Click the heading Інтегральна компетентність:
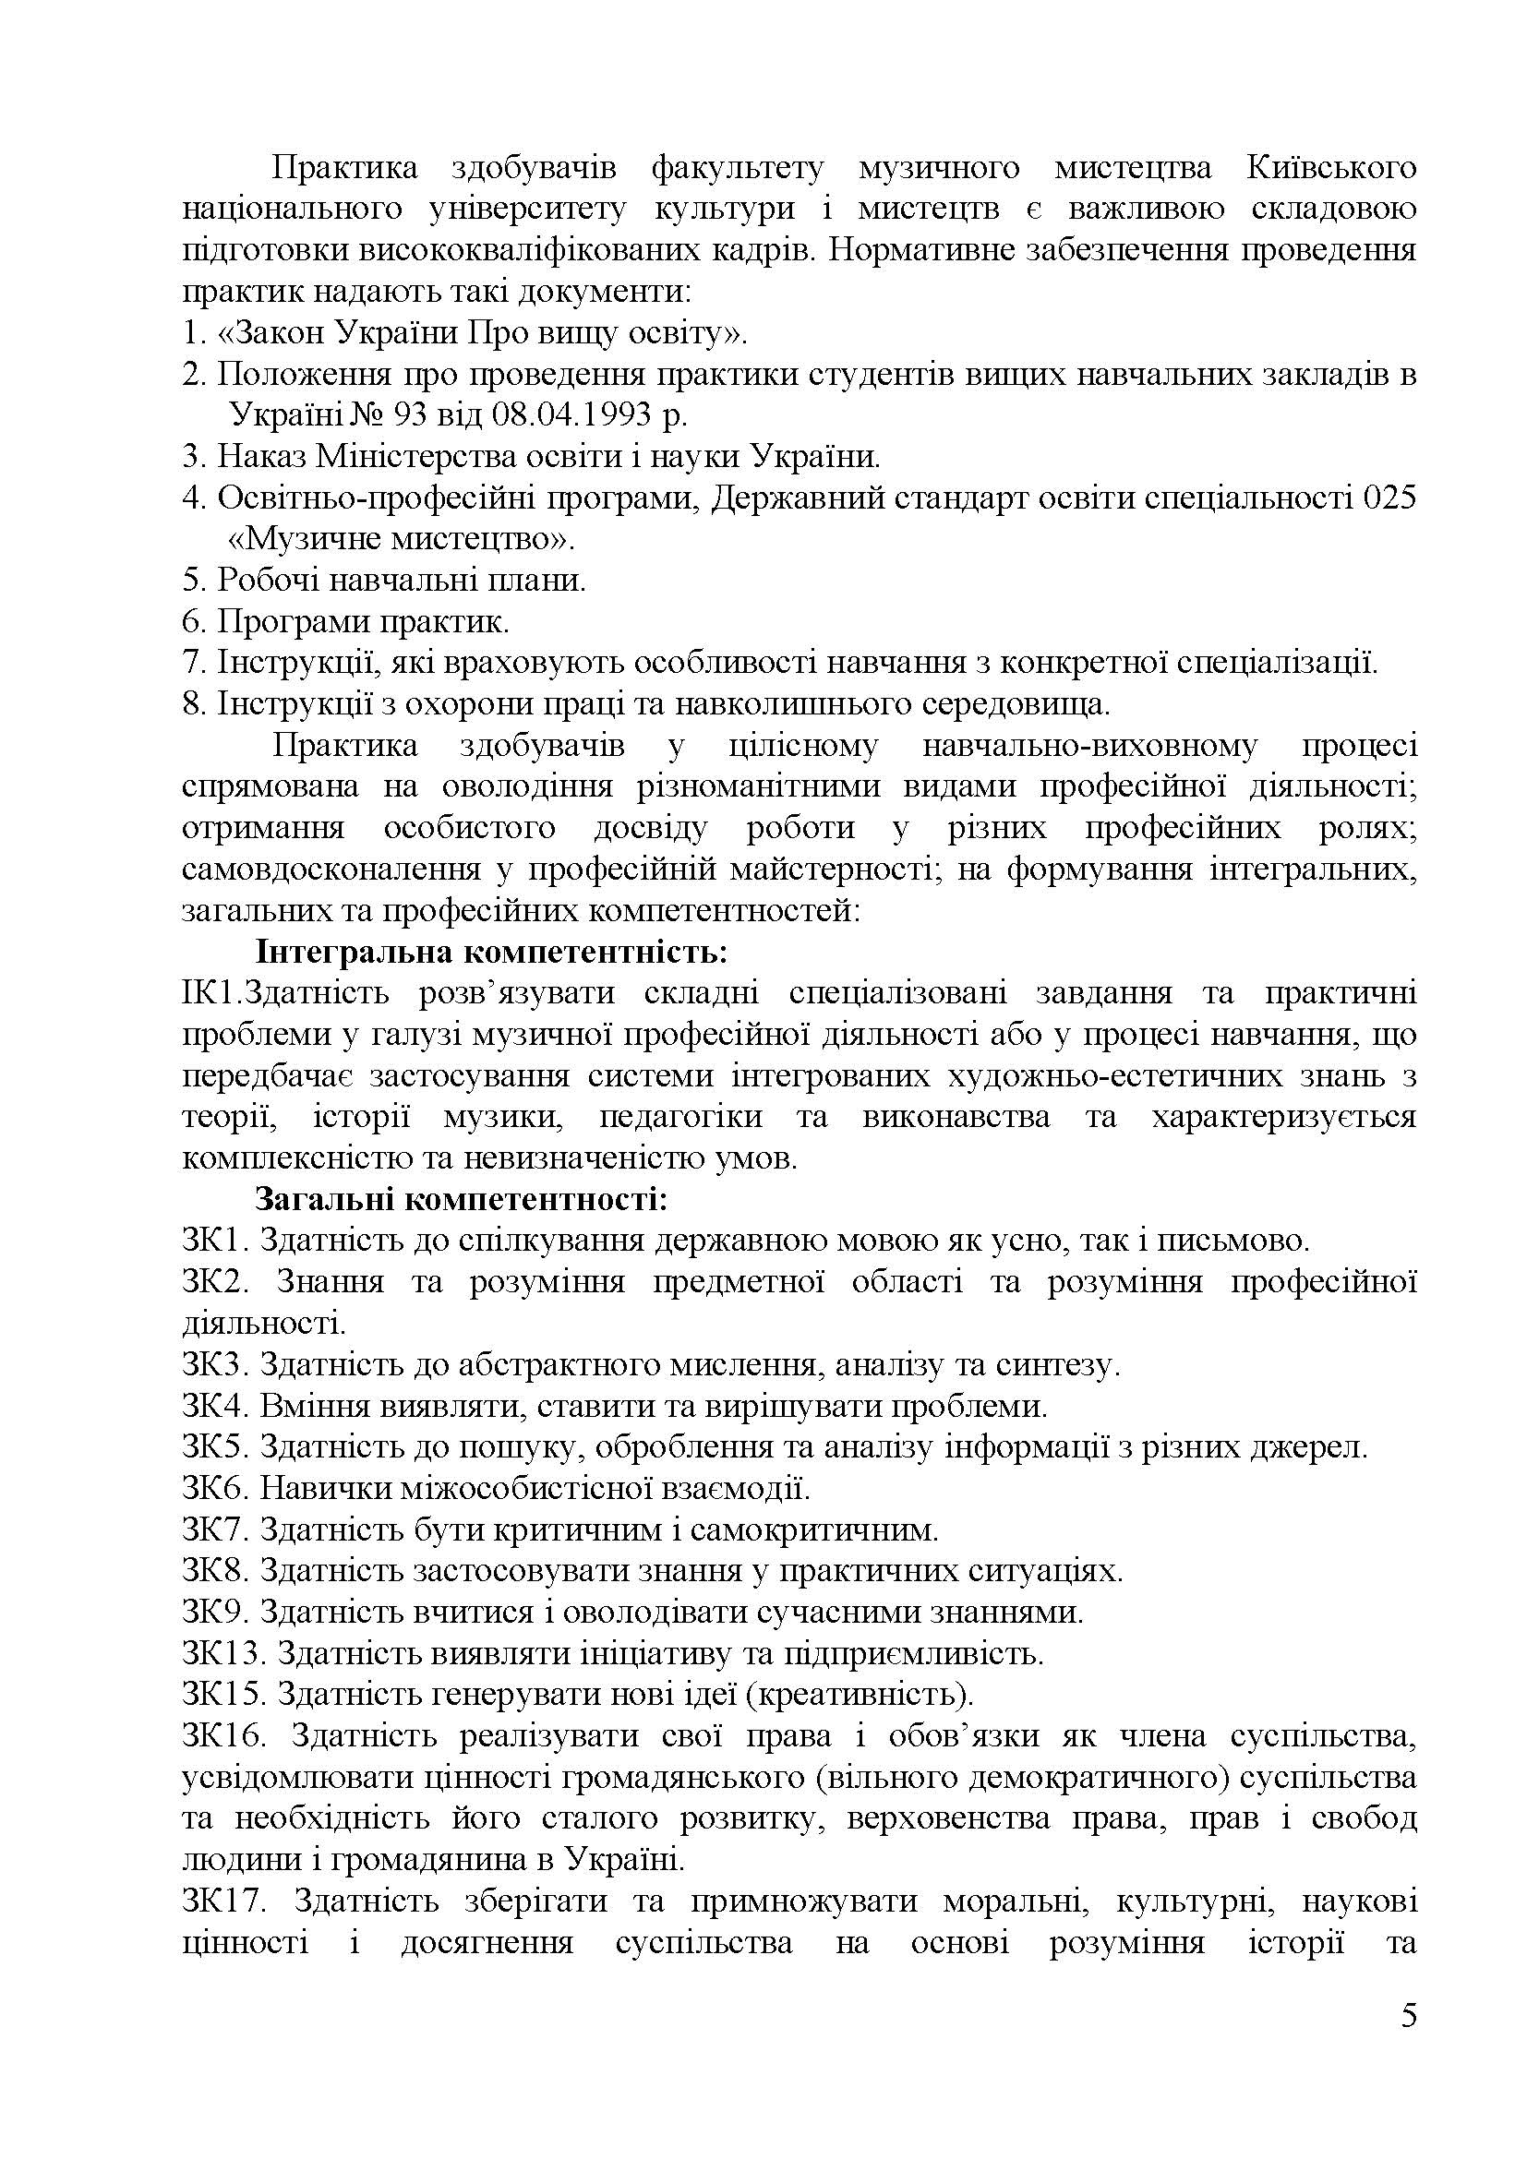pyautogui.click(x=492, y=953)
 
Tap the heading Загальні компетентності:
pyautogui.click(x=462, y=1200)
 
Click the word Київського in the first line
pyautogui.click(x=1331, y=167)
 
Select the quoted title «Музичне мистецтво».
pyautogui.click(x=402, y=539)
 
